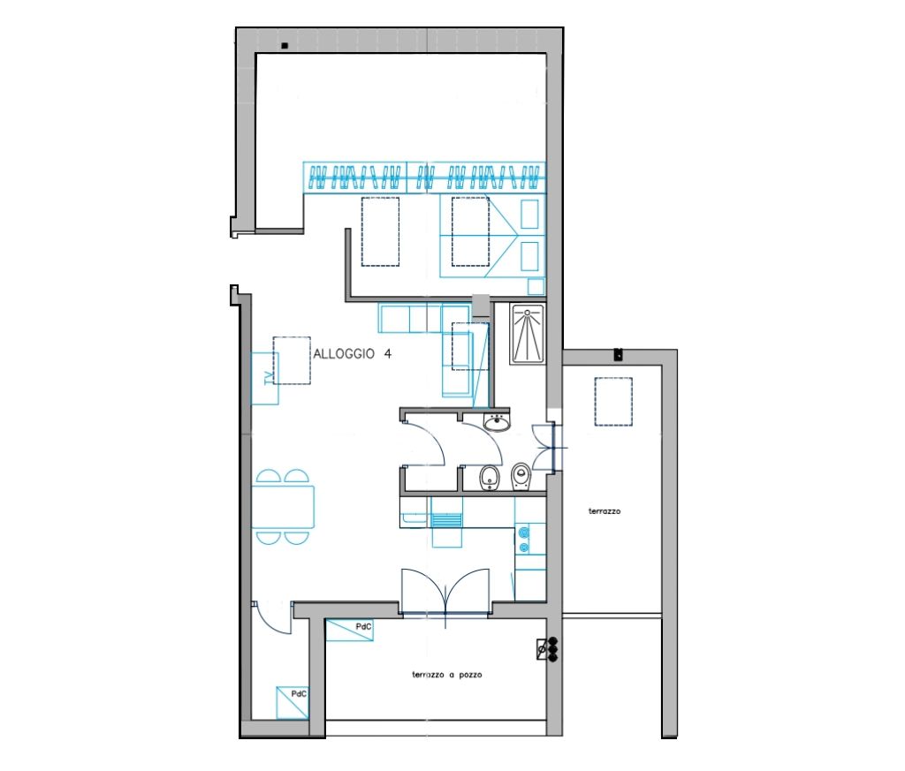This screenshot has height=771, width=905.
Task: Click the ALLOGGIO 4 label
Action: tap(352, 353)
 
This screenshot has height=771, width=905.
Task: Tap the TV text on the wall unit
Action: tap(268, 378)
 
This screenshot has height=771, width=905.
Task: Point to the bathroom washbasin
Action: tap(497, 423)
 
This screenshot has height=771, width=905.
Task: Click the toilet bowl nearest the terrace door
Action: tap(521, 476)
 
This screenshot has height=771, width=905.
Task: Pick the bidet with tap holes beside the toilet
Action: tap(490, 478)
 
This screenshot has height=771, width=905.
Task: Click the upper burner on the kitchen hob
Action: tap(525, 532)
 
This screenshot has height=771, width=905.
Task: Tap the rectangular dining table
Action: tap(284, 506)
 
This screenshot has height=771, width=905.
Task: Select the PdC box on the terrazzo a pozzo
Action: tap(349, 631)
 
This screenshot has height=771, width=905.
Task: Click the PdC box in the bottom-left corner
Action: tap(292, 702)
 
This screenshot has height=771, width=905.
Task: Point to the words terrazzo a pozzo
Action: tap(446, 674)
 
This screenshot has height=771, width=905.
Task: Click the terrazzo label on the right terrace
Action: tap(605, 511)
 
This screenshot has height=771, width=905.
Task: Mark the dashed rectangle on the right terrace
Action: tap(613, 401)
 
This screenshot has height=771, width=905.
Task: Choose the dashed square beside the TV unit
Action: tap(292, 361)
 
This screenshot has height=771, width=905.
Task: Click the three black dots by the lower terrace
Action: tap(553, 650)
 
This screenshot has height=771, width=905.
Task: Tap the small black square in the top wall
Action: tap(284, 46)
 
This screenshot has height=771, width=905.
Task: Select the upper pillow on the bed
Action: tap(530, 214)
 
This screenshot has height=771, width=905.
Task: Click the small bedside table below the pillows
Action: tap(536, 287)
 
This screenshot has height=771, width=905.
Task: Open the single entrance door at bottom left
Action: tap(270, 618)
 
